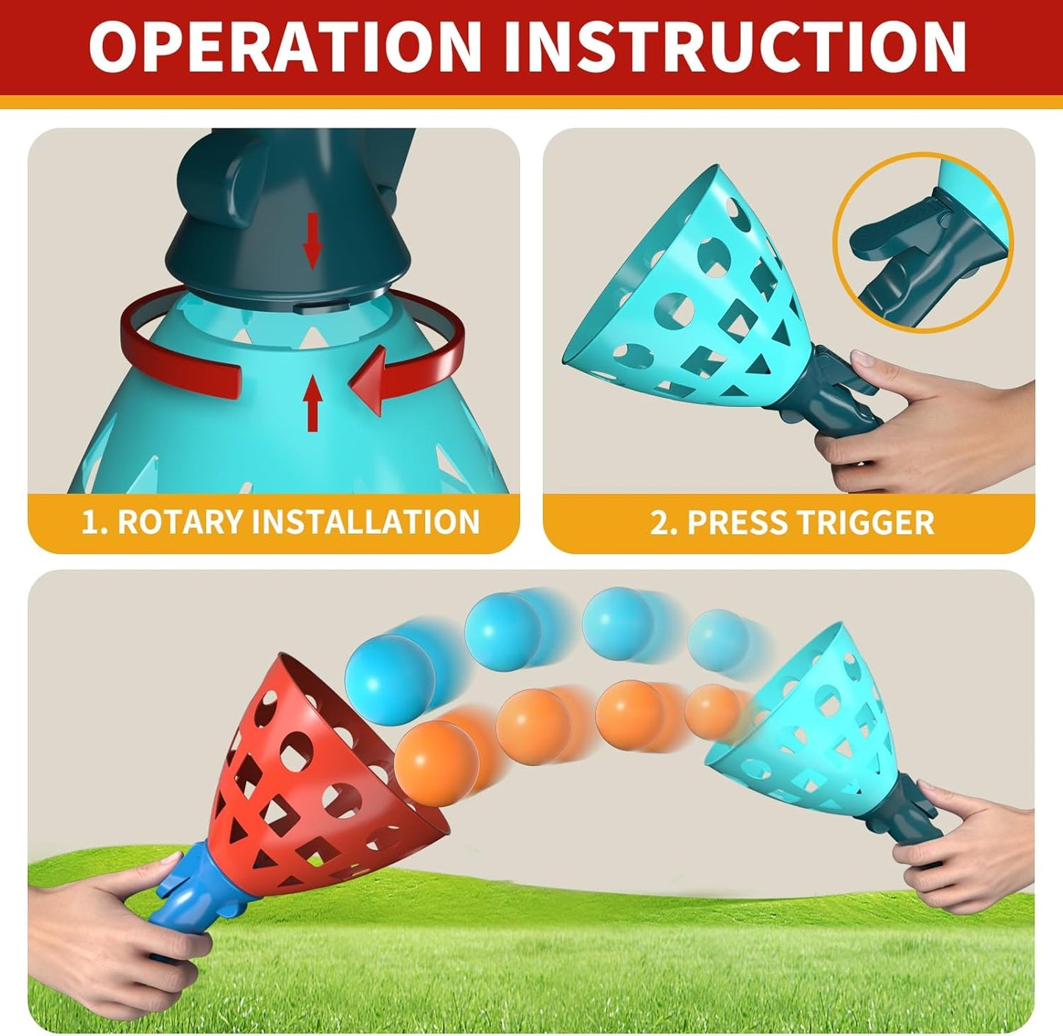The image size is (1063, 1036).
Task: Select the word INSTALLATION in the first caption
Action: (366, 522)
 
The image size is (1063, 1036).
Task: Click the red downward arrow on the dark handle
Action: (313, 239)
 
